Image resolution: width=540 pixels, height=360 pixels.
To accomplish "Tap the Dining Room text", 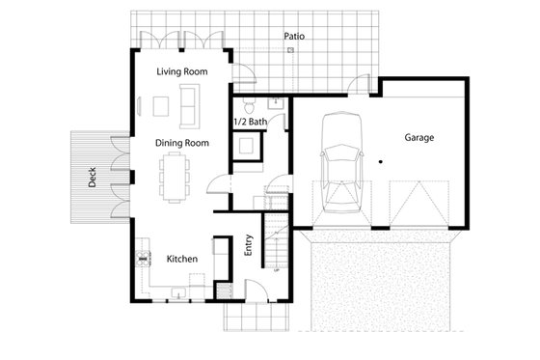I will tap(182, 143).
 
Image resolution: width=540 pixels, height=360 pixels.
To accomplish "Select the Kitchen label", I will tap(182, 259).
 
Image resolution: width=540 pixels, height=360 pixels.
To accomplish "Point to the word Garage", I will tap(418, 138).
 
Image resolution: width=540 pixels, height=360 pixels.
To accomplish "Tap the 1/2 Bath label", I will tap(251, 123).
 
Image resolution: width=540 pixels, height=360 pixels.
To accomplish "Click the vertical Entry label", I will tap(249, 245).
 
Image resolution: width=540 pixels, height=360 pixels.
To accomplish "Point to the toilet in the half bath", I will tap(249, 103).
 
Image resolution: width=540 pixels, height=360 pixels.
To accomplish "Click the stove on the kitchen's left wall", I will tap(145, 257).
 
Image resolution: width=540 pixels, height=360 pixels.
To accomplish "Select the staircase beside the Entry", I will tap(276, 247).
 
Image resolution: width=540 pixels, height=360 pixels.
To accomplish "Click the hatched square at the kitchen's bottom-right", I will tap(224, 289).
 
